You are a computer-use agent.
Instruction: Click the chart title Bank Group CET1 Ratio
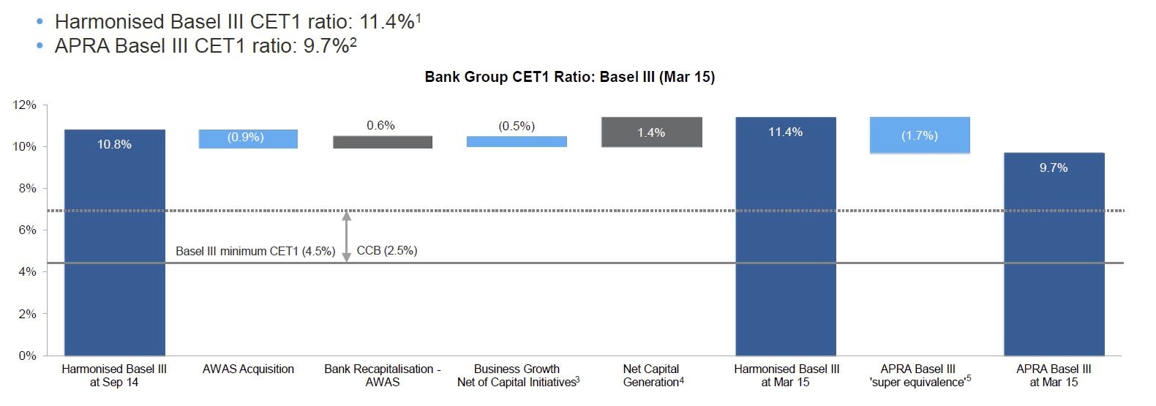pos(569,77)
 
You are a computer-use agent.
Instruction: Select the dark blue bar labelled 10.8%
pos(115,242)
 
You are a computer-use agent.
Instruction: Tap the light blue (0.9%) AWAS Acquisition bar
pos(248,139)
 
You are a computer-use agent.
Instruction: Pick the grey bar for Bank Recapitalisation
pos(383,142)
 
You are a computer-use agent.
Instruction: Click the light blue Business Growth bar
pos(517,141)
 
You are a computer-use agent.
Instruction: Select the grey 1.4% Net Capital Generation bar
pos(652,132)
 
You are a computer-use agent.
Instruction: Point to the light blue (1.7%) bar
pos(920,135)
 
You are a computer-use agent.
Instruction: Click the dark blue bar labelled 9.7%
pos(1054,254)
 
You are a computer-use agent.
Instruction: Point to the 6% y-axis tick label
pos(27,230)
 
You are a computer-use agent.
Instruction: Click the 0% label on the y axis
pos(27,356)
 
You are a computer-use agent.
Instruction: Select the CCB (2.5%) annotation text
pos(387,251)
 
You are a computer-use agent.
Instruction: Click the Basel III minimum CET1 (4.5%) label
pos(255,251)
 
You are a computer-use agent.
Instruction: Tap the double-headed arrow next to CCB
pos(347,236)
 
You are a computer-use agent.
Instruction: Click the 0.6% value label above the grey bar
pos(381,125)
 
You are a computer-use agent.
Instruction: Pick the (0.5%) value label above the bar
pos(517,126)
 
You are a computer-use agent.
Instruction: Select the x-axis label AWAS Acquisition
pos(248,369)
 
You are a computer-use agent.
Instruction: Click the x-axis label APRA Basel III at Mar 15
pos(1054,375)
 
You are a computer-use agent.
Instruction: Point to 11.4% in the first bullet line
pos(387,22)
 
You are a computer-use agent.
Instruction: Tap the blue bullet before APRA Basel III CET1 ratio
pos(40,46)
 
